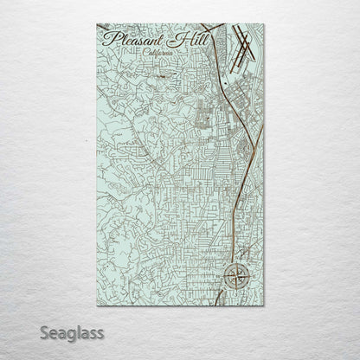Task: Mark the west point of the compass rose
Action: (224, 278)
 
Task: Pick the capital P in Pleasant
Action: (107, 38)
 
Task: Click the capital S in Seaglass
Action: (44, 332)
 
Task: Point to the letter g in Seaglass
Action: (73, 335)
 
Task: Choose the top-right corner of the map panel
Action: (265, 25)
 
